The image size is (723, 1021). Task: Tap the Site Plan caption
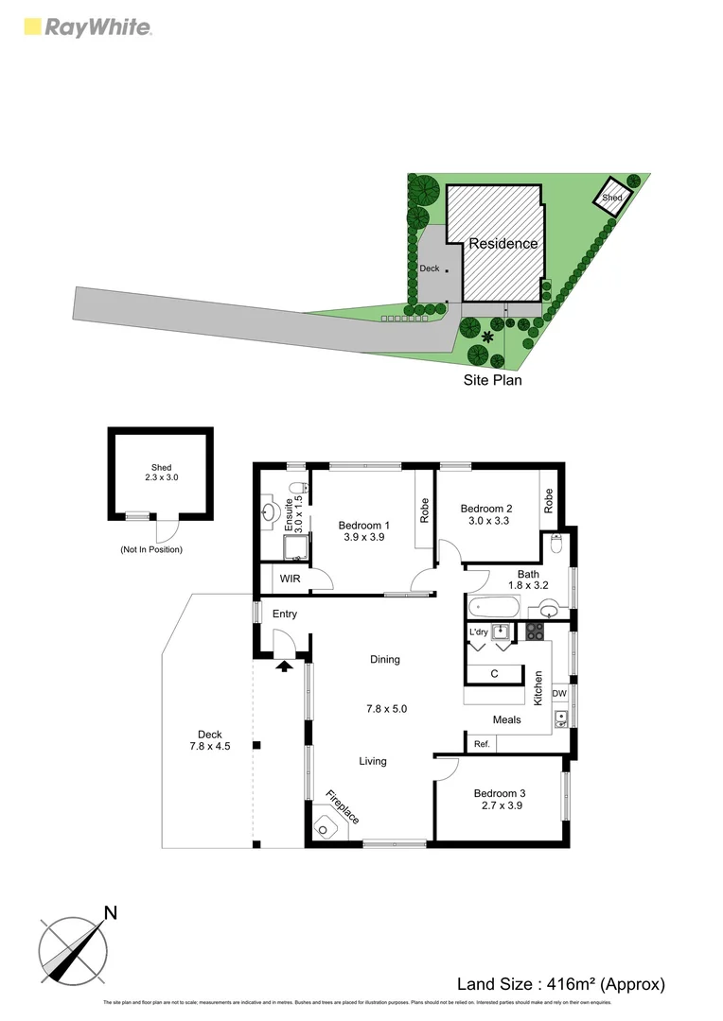tap(492, 380)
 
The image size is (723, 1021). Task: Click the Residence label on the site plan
tap(503, 243)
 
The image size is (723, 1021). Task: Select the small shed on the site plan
tap(612, 197)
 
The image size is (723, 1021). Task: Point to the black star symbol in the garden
tap(488, 337)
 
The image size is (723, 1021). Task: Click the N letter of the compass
tap(111, 912)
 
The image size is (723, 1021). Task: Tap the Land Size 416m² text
tap(561, 984)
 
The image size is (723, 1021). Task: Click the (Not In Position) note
tap(151, 549)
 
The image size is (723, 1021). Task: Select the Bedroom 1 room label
tap(364, 525)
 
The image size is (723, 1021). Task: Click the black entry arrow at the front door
tap(283, 666)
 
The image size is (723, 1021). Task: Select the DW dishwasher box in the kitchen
tap(559, 694)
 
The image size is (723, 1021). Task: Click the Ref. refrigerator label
tap(482, 744)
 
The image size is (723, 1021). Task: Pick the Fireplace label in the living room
tap(343, 806)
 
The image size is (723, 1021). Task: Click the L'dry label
tap(478, 632)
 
